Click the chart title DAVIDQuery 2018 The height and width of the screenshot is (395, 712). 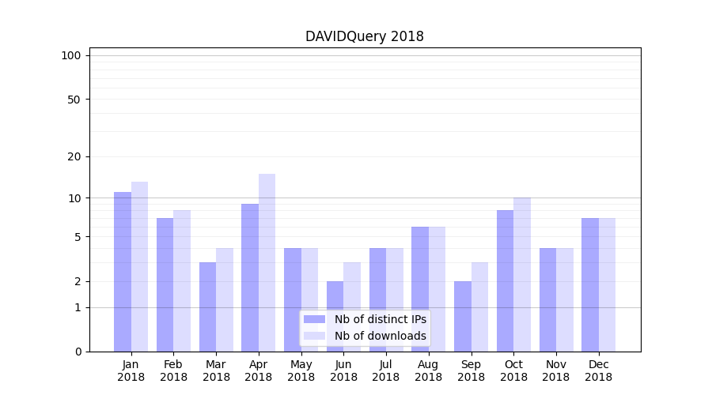(x=364, y=36)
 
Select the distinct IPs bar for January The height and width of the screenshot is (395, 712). (x=123, y=272)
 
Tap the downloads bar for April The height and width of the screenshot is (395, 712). (x=267, y=262)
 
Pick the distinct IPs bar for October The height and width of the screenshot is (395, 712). (x=505, y=280)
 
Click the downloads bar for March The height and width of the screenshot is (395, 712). (x=225, y=299)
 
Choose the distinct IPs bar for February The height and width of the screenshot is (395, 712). (x=165, y=284)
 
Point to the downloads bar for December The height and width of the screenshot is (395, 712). (x=607, y=284)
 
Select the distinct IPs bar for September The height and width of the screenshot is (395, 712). (x=463, y=316)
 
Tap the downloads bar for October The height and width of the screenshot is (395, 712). (x=522, y=274)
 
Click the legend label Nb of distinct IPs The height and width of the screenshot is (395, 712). (x=380, y=319)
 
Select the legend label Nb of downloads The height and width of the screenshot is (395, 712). (x=380, y=336)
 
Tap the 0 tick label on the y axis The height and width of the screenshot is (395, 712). (x=78, y=352)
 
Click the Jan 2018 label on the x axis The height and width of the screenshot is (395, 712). (x=131, y=371)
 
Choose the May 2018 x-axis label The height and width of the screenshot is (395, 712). (x=301, y=371)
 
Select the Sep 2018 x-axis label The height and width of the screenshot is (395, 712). (x=471, y=371)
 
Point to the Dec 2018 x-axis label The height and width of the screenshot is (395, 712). (x=598, y=371)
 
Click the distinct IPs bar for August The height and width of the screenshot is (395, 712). (x=420, y=289)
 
